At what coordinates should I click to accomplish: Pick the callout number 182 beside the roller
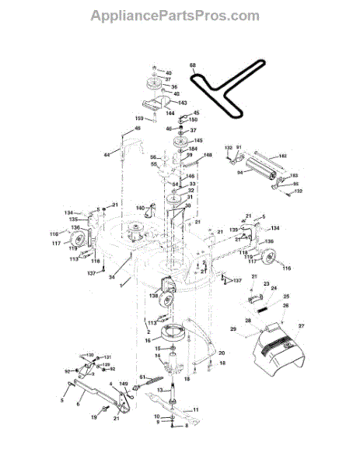click(282, 156)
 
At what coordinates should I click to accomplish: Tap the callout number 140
click(141, 208)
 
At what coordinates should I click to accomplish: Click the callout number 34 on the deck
click(112, 276)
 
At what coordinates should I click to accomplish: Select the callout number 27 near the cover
click(301, 325)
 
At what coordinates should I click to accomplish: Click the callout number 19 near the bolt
click(94, 416)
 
